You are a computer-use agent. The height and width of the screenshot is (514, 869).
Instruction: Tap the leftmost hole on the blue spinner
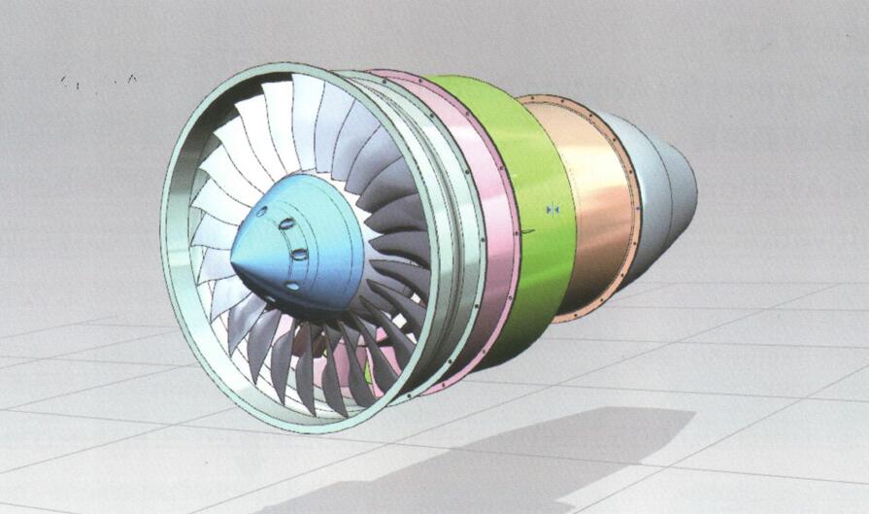coord(259,212)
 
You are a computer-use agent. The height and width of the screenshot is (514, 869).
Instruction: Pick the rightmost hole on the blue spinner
coord(299,255)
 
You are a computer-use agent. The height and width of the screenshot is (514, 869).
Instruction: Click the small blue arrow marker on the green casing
coord(552,209)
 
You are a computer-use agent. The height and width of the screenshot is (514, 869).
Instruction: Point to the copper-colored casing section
coord(592,194)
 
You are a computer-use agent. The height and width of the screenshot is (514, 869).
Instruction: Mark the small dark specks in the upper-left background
coord(97,81)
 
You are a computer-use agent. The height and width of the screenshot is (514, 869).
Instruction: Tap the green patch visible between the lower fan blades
coord(368,370)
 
